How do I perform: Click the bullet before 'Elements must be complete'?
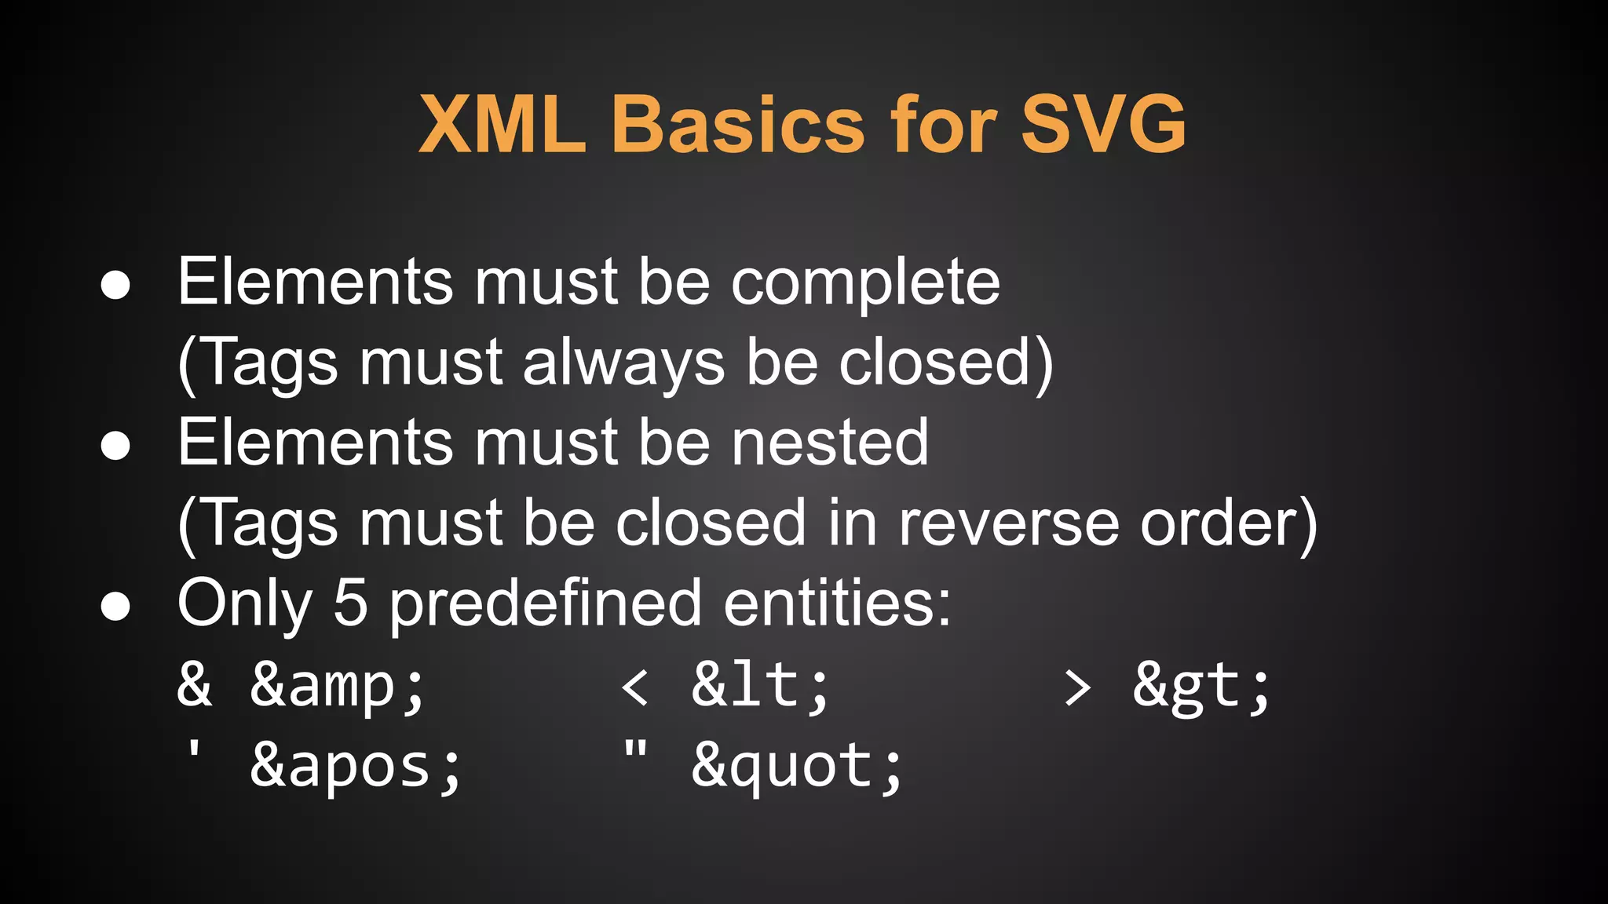tap(115, 286)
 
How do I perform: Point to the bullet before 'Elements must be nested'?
tap(115, 446)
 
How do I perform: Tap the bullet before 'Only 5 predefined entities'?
tap(115, 606)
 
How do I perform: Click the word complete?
tap(865, 284)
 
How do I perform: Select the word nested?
tap(830, 443)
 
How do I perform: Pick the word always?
tap(623, 365)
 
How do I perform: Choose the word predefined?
tap(545, 604)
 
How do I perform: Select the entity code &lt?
tap(760, 686)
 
